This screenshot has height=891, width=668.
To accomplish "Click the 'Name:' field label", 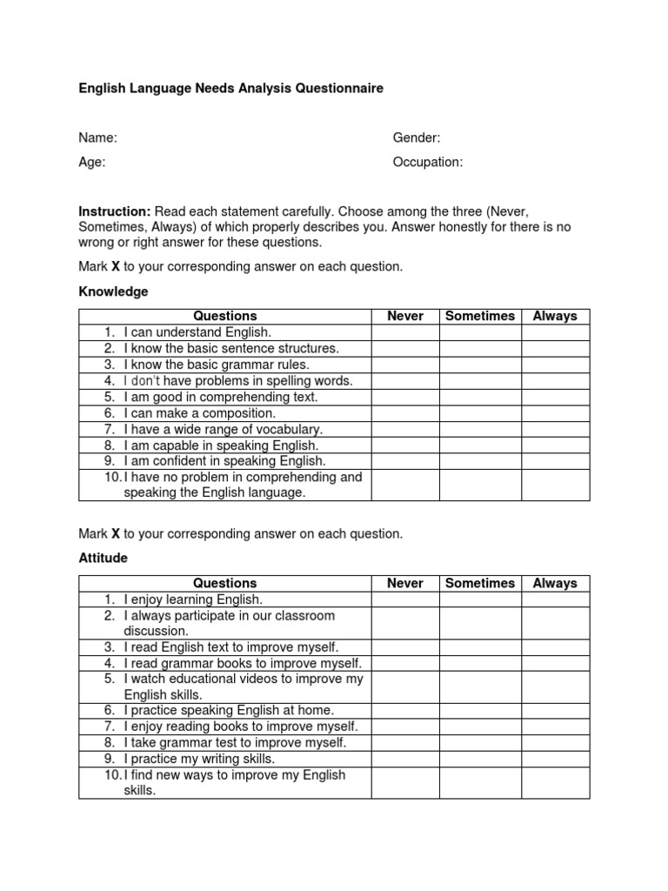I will tap(97, 137).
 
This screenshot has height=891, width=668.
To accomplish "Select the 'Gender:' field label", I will tap(417, 137).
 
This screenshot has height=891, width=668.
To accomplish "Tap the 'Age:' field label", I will tap(92, 162).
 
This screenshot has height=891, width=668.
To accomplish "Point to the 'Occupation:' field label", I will tap(428, 162).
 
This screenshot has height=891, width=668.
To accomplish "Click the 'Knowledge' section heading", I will tap(113, 291).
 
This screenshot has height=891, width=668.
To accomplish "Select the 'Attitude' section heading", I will tap(103, 558).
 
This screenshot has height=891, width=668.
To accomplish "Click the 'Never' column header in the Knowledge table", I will tap(404, 316).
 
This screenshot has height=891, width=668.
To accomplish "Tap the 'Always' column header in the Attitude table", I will tap(555, 583).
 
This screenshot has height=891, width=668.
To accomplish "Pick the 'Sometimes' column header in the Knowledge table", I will tap(480, 316).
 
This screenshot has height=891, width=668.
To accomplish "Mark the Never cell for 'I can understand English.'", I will tap(404, 332).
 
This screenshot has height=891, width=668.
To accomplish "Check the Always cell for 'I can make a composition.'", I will tap(555, 413).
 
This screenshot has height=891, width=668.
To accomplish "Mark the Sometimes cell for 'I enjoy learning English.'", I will tap(480, 600).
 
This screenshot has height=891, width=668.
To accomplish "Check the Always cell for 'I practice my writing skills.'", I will tap(555, 759).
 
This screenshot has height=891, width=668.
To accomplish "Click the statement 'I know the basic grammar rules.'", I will tap(217, 365).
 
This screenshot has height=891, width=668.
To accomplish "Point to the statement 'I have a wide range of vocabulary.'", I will tap(223, 429).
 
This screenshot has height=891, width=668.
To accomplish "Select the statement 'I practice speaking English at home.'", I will tap(229, 711).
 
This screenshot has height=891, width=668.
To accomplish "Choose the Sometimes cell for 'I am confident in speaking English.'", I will tap(480, 461).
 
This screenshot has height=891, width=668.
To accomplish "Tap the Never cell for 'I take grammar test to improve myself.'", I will tap(404, 743).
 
